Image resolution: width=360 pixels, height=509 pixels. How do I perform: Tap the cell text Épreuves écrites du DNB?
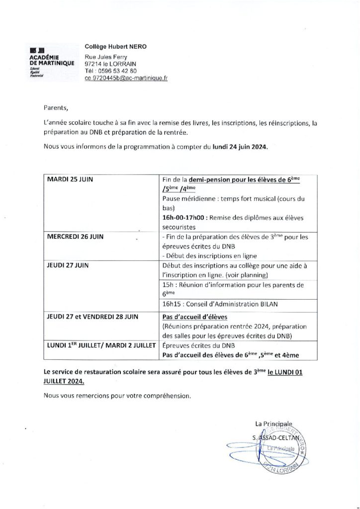tap(198, 345)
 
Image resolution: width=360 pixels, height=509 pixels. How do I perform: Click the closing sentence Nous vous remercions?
tap(117, 396)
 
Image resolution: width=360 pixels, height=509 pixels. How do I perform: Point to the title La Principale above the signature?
tap(273, 423)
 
